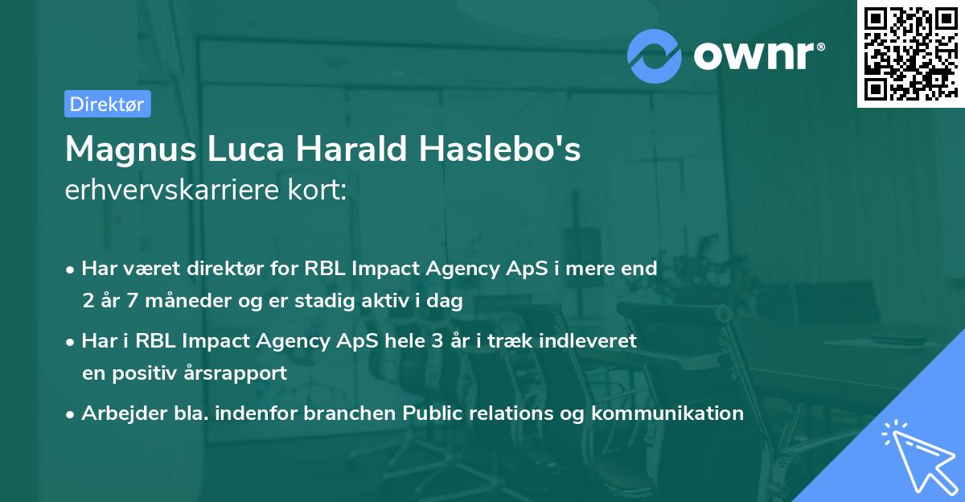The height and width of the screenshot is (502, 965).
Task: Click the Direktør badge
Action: [x=107, y=104]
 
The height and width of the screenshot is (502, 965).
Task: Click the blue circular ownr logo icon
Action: [x=655, y=56]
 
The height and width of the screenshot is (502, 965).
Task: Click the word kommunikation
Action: [x=667, y=414]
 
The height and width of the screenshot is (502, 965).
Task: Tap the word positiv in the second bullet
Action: [x=146, y=373]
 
